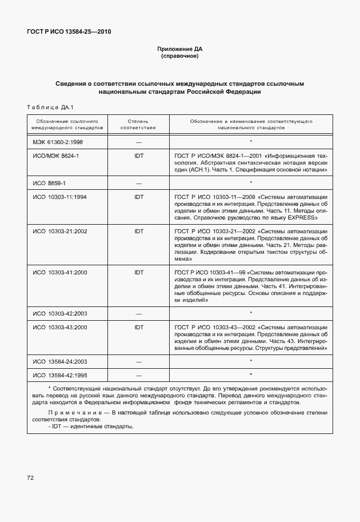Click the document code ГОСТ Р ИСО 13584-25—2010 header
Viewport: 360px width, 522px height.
pos(69,31)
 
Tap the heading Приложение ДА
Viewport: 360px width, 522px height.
pos(180,49)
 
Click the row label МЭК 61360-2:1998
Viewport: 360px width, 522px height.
pos(58,141)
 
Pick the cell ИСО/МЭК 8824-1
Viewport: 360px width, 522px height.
pos(55,156)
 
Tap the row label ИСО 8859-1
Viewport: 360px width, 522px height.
pos(49,183)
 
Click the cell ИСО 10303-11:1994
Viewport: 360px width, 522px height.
pos(60,197)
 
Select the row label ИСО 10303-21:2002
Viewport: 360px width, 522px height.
pos(60,232)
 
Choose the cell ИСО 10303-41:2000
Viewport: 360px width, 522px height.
pos(60,273)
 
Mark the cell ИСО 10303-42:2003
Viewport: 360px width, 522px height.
pos(60,313)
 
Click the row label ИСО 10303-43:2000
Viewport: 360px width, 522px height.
pos(60,328)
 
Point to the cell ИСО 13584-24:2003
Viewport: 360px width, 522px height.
pos(60,361)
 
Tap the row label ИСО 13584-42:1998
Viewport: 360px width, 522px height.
pos(60,375)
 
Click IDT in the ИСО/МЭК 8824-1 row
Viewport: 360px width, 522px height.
pos(138,156)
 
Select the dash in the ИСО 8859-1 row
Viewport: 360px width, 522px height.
pos(138,184)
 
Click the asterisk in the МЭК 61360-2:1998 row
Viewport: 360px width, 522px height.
pos(251,141)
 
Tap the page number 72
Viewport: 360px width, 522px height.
pos(31,477)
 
